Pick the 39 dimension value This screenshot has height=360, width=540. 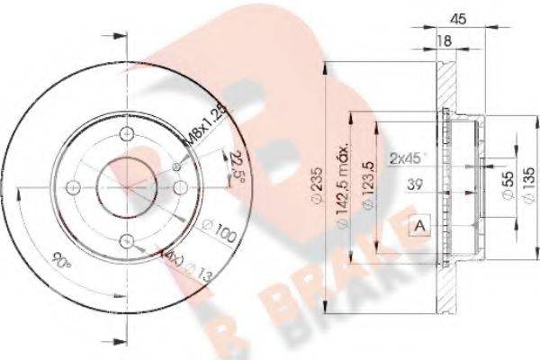tap(416, 185)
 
